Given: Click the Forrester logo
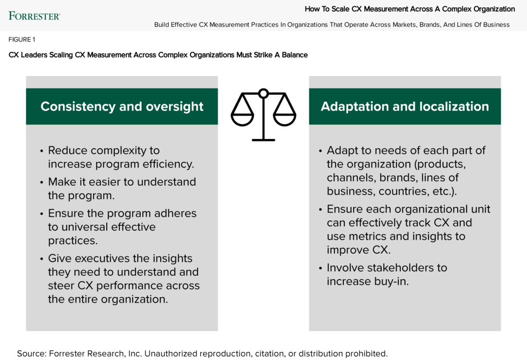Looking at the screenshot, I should click(34, 16).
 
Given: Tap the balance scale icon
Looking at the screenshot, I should click(263, 114).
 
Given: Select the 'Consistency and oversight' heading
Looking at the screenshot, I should click(122, 106).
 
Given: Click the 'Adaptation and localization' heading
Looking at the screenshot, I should click(405, 106).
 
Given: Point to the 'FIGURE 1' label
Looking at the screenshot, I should click(22, 40).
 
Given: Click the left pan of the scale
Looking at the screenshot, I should click(242, 119).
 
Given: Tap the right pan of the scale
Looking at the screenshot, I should click(284, 119).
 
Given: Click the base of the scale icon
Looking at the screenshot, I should click(263, 140).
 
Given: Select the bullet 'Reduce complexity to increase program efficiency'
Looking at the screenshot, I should click(121, 157).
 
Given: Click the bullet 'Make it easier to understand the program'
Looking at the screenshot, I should click(122, 189).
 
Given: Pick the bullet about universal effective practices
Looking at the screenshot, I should click(122, 227).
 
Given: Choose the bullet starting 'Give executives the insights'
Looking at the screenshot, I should click(123, 279).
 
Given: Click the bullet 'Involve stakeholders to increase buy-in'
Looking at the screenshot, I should click(387, 274).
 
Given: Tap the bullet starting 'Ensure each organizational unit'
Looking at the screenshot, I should click(408, 229).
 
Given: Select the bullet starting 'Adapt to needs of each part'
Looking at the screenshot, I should click(406, 171).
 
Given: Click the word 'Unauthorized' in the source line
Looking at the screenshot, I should click(171, 354).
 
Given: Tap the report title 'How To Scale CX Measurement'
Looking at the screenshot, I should click(410, 9).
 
